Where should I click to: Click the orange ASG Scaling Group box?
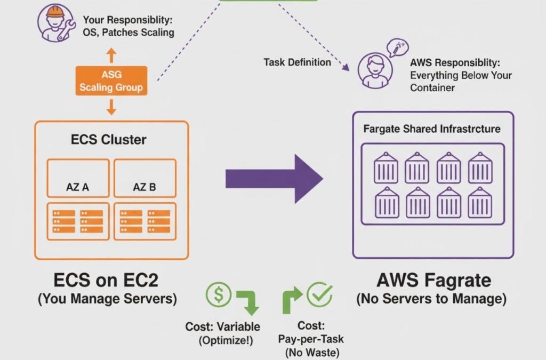click(x=111, y=81)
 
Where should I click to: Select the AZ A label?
click(x=77, y=188)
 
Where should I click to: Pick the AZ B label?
click(x=144, y=188)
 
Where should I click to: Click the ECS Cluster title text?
click(x=109, y=140)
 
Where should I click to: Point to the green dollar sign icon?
click(x=219, y=295)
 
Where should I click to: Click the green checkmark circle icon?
click(x=319, y=295)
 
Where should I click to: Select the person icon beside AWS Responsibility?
click(x=372, y=70)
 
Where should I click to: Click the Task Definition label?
click(x=297, y=62)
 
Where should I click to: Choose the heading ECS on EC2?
click(x=107, y=280)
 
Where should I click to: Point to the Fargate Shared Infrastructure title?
click(x=432, y=129)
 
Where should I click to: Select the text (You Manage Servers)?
click(x=107, y=299)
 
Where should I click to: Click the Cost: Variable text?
click(x=223, y=326)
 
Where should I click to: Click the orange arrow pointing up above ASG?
click(x=111, y=55)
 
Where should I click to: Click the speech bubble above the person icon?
click(x=397, y=47)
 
